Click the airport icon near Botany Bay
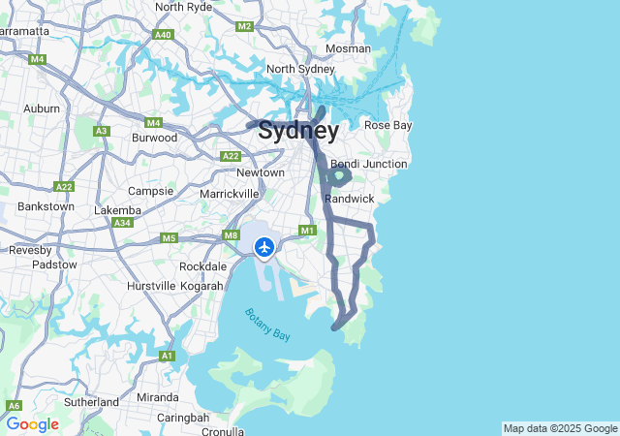(263, 247)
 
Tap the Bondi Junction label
(368, 164)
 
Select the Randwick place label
(349, 198)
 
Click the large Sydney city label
(298, 131)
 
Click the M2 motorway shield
(244, 26)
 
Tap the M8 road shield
(231, 234)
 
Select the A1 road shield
(167, 357)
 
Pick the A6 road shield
(15, 406)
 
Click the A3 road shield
(102, 131)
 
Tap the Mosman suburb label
(348, 48)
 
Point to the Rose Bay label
(387, 125)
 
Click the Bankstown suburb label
(46, 206)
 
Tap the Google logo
(32, 424)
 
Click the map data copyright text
(560, 428)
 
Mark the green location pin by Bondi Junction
(340, 174)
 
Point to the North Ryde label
(183, 7)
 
